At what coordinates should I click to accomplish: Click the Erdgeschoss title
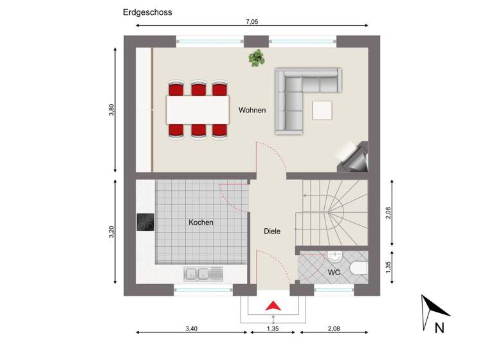[147, 12]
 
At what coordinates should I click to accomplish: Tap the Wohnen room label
[252, 110]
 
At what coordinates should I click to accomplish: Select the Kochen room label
[201, 222]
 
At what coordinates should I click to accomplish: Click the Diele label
[272, 231]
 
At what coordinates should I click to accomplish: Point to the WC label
[334, 273]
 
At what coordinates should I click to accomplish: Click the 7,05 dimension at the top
[252, 22]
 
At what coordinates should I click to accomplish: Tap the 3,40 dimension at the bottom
[191, 328]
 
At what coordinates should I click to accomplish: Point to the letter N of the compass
[439, 328]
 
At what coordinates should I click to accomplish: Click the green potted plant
[257, 58]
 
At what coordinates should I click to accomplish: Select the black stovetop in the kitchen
[145, 222]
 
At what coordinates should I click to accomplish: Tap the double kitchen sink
[203, 274]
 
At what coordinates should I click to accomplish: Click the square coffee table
[323, 111]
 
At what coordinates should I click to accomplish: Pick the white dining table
[198, 109]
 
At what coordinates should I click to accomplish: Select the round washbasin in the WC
[335, 257]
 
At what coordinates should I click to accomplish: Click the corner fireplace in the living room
[354, 156]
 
